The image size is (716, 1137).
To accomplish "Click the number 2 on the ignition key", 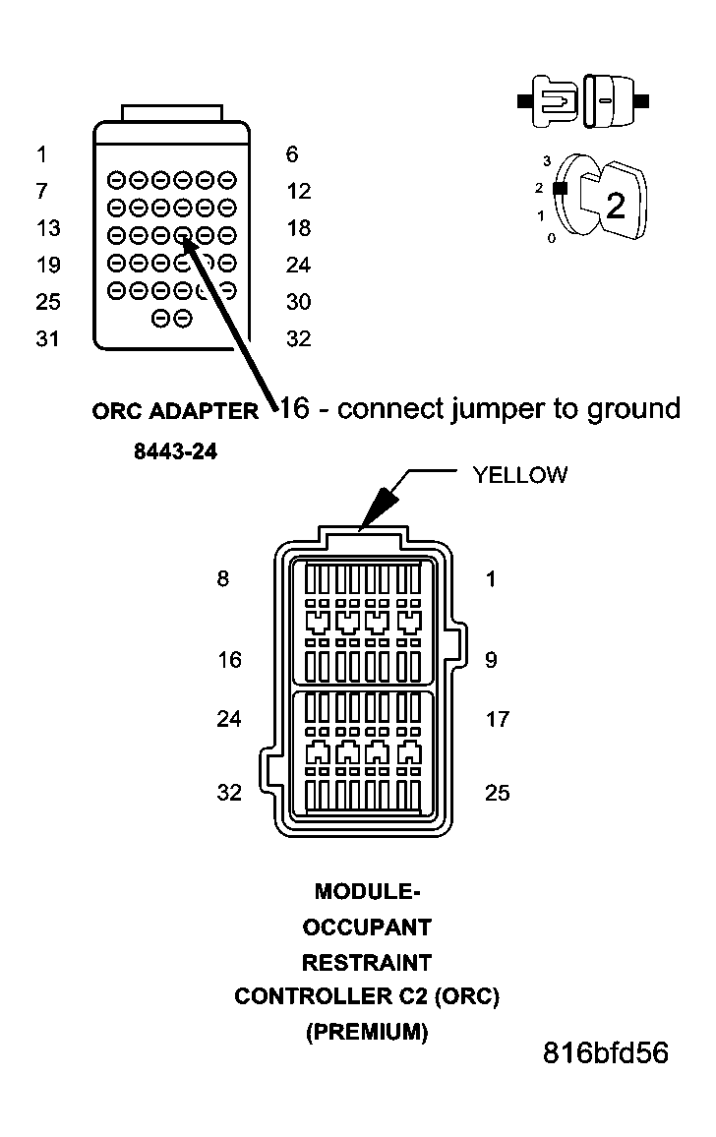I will pos(615,206).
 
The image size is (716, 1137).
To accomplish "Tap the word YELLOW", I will pos(519,475).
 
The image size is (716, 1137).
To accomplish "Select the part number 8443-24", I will pos(175,452).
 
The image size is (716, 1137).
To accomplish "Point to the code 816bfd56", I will pos(605,1052).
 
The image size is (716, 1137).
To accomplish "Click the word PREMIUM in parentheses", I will pos(367,1032).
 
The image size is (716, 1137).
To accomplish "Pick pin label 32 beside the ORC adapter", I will pos(298,339).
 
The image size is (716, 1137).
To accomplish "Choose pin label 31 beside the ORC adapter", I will pos(47,339).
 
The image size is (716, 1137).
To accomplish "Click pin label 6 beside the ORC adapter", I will pos(292,154).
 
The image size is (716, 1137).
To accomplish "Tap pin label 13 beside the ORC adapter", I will pos(47,228).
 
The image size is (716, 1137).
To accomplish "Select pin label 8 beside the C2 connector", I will pos(223,578).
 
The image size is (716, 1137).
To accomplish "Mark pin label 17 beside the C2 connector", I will pos(498,719).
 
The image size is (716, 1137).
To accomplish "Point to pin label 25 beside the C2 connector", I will pos(498,792).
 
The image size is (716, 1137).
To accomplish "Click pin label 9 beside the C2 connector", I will pos(491,660).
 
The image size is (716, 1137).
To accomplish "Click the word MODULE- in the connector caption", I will pos(367,891).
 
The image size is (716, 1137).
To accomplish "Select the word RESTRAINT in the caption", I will pos(367,961).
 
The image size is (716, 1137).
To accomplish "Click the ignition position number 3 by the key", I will pos(546,159).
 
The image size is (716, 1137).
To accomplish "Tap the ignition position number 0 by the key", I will pos(551,238).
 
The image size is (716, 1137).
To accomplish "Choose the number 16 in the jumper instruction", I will pos(295,408).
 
